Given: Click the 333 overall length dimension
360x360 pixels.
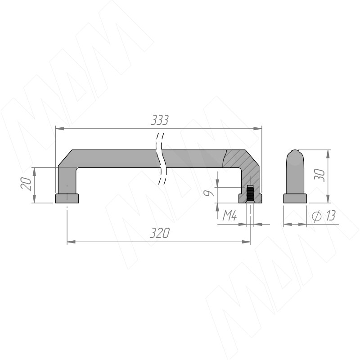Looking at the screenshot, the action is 160,120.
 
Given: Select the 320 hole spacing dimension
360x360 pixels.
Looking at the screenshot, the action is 160,233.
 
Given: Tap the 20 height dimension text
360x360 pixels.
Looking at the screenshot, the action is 26,184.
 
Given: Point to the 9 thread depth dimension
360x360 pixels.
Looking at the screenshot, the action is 209,193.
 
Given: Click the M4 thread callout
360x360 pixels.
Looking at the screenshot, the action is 229,216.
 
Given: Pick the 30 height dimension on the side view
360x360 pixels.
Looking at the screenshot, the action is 320,175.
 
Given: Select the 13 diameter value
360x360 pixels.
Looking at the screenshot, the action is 330,216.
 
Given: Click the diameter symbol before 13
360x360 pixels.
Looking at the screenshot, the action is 317,216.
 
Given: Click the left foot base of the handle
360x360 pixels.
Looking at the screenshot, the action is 67,198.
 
